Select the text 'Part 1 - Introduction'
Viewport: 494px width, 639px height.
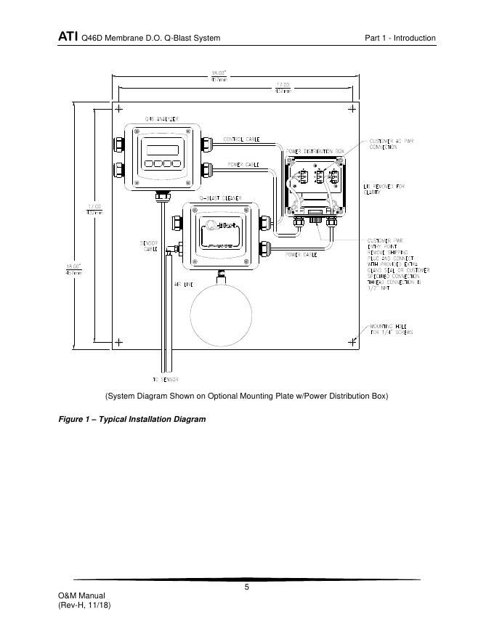(400, 38)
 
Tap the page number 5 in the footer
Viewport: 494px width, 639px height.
(247, 588)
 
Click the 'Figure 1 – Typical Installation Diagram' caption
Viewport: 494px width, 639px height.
(131, 420)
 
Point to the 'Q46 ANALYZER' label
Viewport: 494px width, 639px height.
(161, 118)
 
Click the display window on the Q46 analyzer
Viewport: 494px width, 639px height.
(163, 150)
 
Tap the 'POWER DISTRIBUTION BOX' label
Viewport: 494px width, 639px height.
(315, 151)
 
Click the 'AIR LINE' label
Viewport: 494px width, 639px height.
(182, 285)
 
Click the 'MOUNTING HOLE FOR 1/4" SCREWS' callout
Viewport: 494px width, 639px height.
(392, 329)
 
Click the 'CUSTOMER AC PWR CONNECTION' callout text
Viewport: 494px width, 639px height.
(393, 144)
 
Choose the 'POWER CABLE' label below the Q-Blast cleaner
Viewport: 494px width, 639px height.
(299, 255)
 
